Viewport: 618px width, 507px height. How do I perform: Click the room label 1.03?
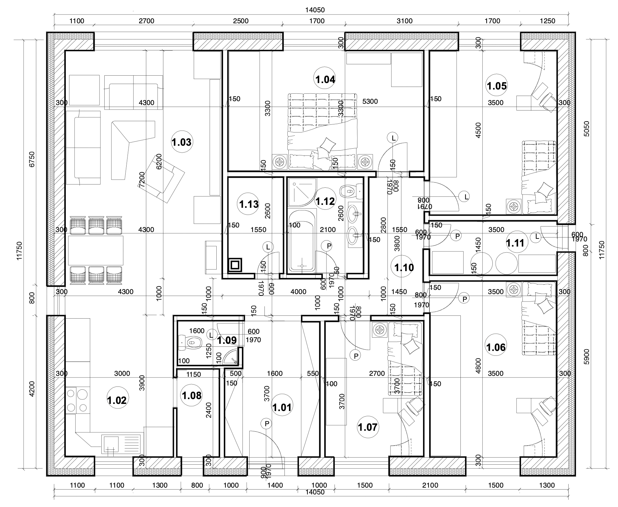coord(181,142)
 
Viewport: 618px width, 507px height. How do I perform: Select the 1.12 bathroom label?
coord(325,201)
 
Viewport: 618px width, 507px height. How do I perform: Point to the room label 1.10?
coord(404,268)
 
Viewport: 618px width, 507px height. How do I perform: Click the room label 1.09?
coord(227,340)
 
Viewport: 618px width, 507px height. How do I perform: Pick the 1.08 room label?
coord(191,395)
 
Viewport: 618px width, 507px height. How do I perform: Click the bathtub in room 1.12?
coord(302,241)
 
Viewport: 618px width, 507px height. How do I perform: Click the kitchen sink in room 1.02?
coord(121,445)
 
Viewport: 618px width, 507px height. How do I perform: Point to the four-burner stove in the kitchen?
coord(77,400)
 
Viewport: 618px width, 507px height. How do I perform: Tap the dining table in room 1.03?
coord(96,250)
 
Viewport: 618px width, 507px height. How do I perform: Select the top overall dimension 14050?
coord(315,10)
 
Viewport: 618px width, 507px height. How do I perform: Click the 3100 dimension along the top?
coord(404,21)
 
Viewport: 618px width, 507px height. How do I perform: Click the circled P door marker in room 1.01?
coord(267,424)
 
